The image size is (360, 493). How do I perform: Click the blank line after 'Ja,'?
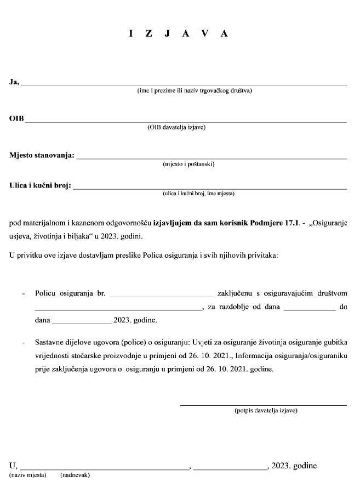[x=184, y=85]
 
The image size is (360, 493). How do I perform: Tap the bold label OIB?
[x=16, y=119]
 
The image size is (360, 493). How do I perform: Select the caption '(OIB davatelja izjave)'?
[x=176, y=127]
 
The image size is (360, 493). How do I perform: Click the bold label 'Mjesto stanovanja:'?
[x=42, y=156]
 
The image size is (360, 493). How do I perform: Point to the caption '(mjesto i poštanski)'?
[x=188, y=164]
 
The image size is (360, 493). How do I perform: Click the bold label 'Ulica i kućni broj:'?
[x=40, y=186]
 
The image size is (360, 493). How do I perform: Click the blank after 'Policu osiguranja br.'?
[x=161, y=296]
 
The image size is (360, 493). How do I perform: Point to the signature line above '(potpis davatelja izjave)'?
[x=264, y=405]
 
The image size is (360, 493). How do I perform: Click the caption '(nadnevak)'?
[x=75, y=475]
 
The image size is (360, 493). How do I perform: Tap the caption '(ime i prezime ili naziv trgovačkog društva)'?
[x=195, y=91]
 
